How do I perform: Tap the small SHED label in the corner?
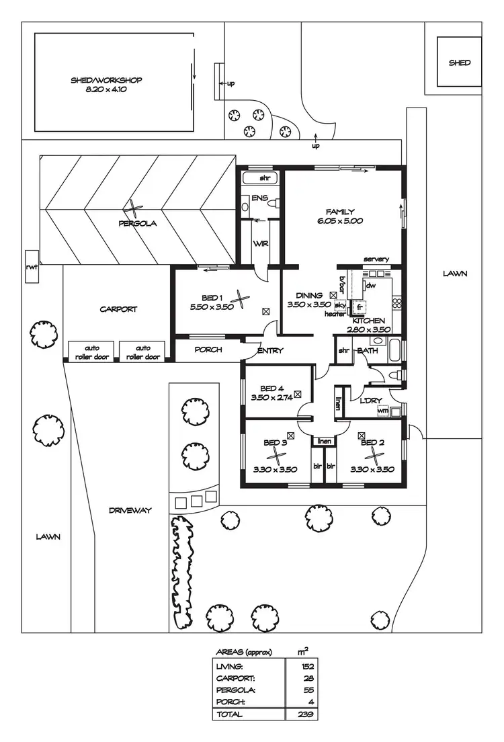tap(460, 63)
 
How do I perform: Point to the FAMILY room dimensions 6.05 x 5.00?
tap(340, 220)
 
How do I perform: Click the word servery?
tap(376, 259)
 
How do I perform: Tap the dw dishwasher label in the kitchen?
tap(370, 285)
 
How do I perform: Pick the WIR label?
tap(261, 243)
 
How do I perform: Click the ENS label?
tap(260, 198)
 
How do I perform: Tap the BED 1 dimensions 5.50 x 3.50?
tap(212, 306)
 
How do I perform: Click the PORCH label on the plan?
tap(208, 349)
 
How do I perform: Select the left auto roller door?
tap(91, 352)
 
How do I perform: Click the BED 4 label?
tap(272, 388)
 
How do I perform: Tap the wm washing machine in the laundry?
tap(384, 410)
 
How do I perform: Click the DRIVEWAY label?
tap(130, 510)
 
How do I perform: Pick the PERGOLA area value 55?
tap(303, 690)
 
